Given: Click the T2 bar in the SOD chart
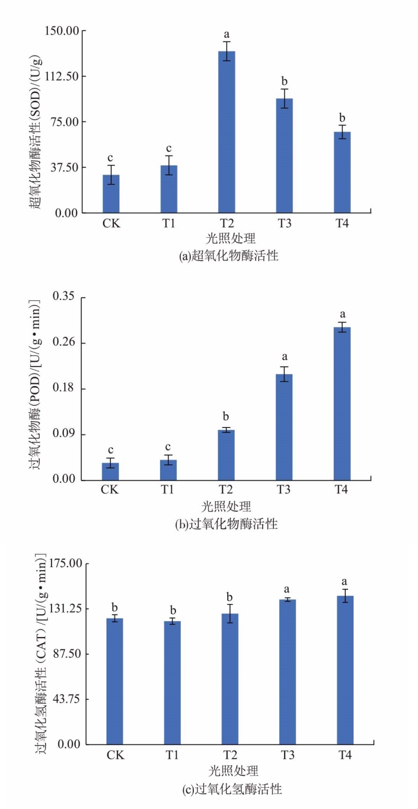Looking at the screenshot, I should (x=226, y=133).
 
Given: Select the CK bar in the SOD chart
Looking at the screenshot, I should (x=111, y=194).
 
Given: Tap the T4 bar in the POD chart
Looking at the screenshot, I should (x=342, y=403).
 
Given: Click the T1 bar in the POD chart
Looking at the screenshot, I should (x=168, y=470).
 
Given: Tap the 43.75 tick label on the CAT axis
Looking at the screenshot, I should (x=66, y=699).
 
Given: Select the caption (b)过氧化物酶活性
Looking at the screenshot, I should (x=226, y=524).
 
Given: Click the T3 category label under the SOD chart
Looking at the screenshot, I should (x=284, y=223).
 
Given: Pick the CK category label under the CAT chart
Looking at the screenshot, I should (x=115, y=754).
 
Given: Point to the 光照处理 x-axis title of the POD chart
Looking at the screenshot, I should (x=226, y=505).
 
